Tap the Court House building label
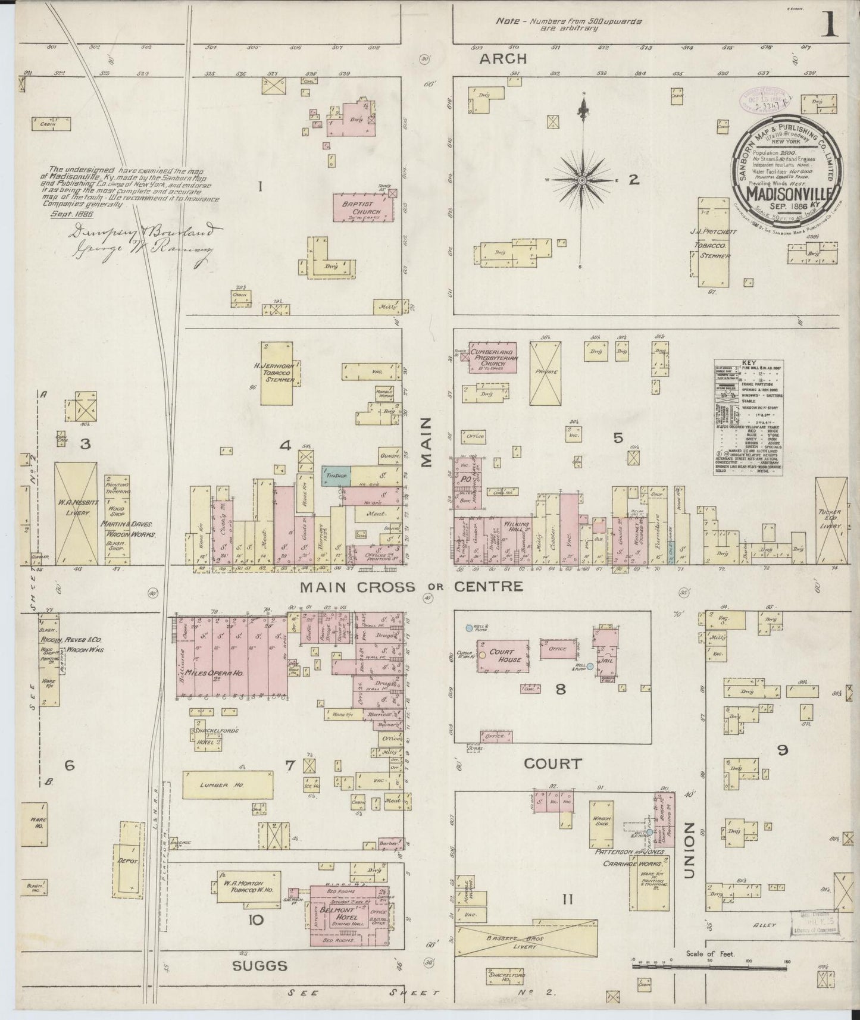[502, 656]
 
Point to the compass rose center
[582, 179]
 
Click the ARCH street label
[504, 58]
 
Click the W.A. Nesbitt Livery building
[76, 513]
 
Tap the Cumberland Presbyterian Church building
[492, 358]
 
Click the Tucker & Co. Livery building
[831, 521]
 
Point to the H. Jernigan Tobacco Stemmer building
[277, 374]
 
